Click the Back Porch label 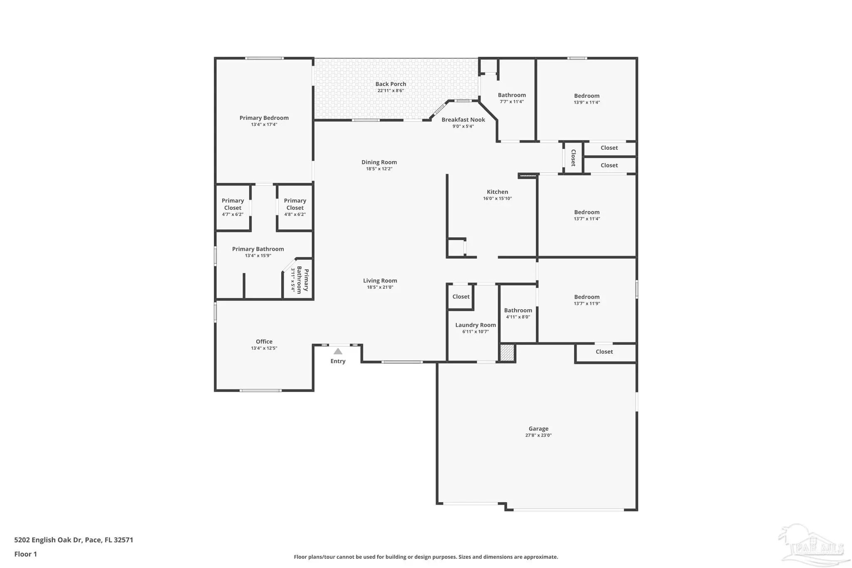click(x=391, y=84)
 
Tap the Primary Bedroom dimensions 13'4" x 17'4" click(x=264, y=124)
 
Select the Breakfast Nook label click(x=463, y=120)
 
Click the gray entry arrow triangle click(x=338, y=351)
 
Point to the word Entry click(x=338, y=361)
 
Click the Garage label click(x=538, y=429)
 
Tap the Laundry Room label click(x=476, y=325)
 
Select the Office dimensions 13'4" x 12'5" click(x=264, y=348)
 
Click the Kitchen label click(x=498, y=192)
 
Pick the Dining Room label click(x=379, y=162)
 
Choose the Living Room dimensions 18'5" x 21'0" click(x=380, y=287)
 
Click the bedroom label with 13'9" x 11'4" click(x=587, y=96)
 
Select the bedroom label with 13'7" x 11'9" click(x=587, y=297)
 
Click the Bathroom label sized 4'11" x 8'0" click(x=518, y=310)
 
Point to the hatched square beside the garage click(x=507, y=353)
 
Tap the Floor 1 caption click(x=25, y=554)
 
